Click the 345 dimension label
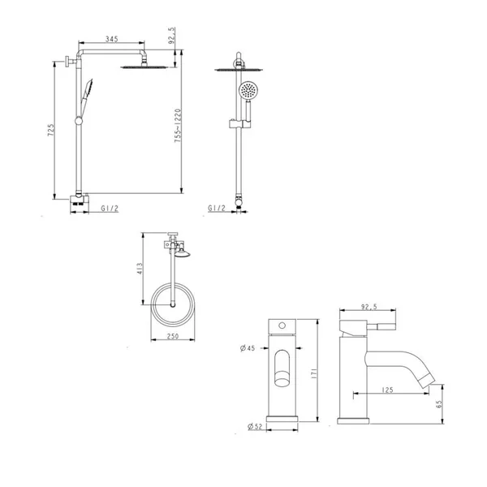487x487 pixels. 112,39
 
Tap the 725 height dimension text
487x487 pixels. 50,130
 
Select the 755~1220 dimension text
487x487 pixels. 177,126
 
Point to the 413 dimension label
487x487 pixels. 140,269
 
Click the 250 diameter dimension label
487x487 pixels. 173,336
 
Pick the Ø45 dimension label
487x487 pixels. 248,348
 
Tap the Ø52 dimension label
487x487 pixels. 255,426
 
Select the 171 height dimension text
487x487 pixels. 313,373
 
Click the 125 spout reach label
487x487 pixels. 387,390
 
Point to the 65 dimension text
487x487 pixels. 439,404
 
